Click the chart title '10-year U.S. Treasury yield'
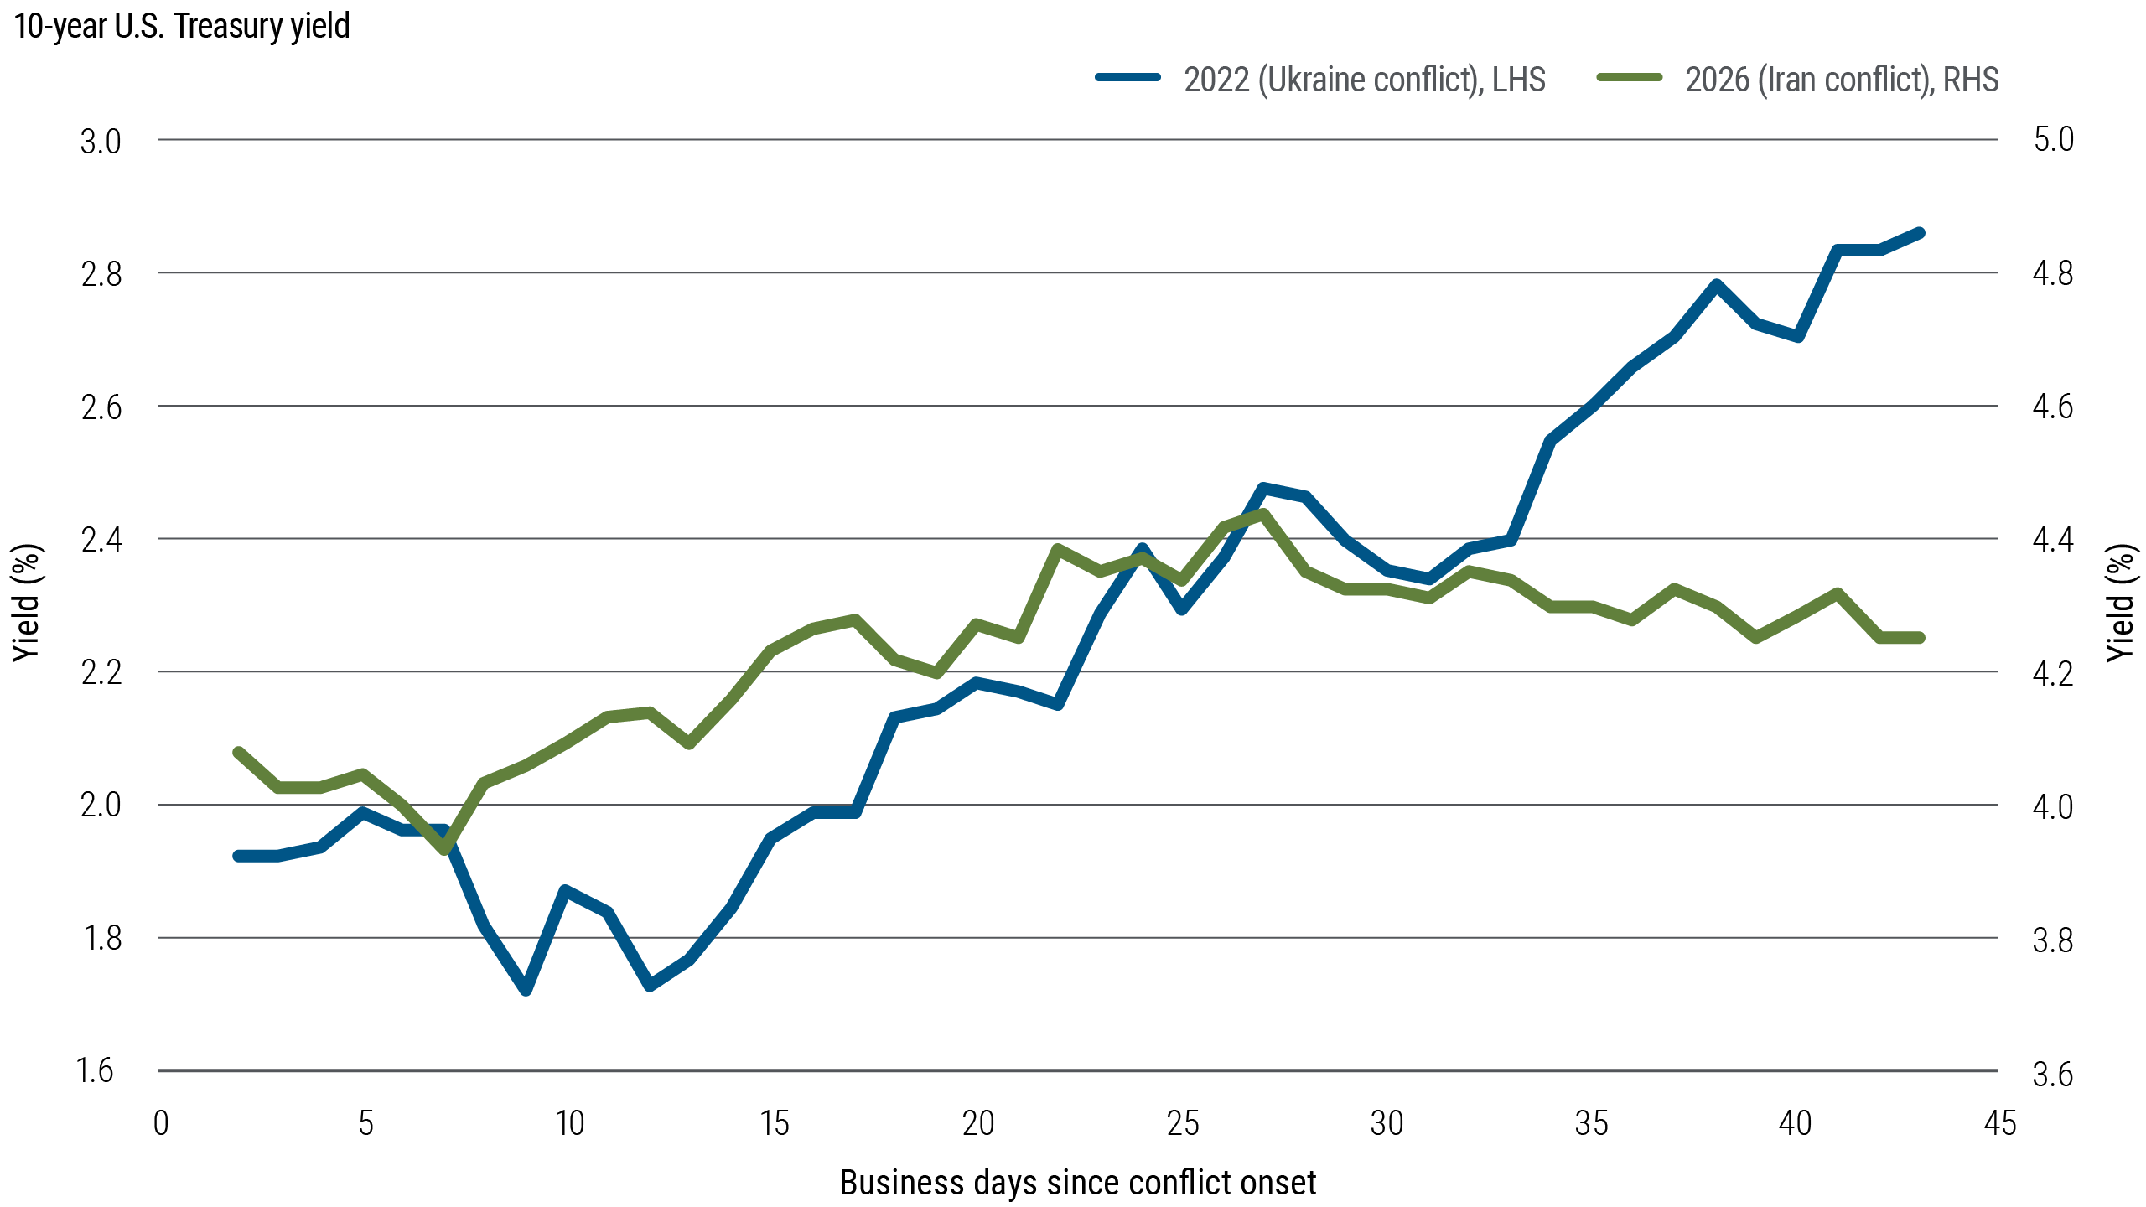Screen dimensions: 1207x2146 click(182, 27)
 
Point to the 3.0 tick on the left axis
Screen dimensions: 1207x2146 click(101, 141)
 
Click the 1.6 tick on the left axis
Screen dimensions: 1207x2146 click(95, 1070)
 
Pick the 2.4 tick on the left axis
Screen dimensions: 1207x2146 click(101, 539)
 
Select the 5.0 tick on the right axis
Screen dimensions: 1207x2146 click(2053, 139)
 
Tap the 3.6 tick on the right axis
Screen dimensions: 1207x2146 click(2053, 1074)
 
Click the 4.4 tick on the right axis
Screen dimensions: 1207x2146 click(2053, 539)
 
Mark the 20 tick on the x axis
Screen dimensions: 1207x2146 click(977, 1123)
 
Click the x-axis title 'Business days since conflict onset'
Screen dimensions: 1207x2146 click(1077, 1183)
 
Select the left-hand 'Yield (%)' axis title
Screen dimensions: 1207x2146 click(27, 603)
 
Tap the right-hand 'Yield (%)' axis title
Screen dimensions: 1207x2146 click(2122, 603)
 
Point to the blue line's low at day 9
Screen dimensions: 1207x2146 click(526, 990)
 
